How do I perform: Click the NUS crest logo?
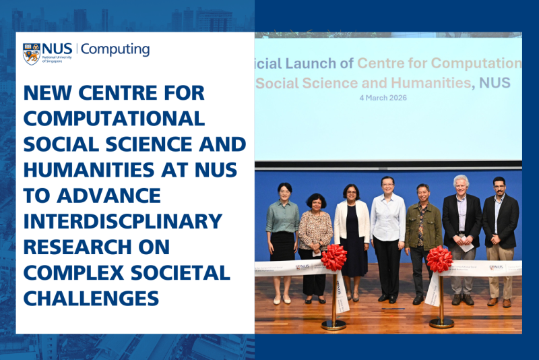(31, 53)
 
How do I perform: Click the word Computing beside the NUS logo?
(115, 49)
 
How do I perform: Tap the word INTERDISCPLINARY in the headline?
(123, 220)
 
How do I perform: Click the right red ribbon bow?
(439, 259)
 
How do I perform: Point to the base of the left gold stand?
(334, 324)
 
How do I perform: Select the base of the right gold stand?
(442, 323)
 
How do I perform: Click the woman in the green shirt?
(283, 229)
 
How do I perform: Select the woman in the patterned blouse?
(315, 233)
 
